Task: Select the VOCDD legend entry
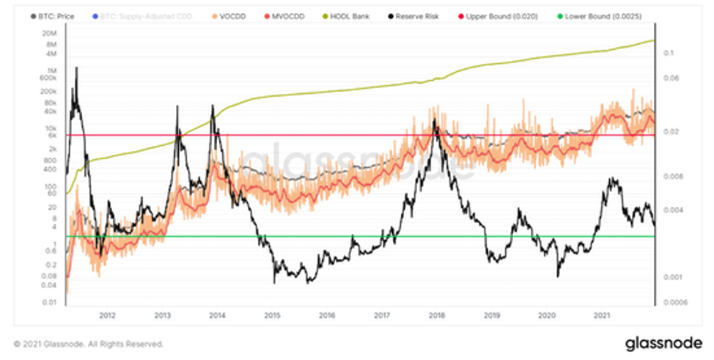[209, 15]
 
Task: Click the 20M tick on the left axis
[49, 34]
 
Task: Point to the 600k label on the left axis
[48, 77]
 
